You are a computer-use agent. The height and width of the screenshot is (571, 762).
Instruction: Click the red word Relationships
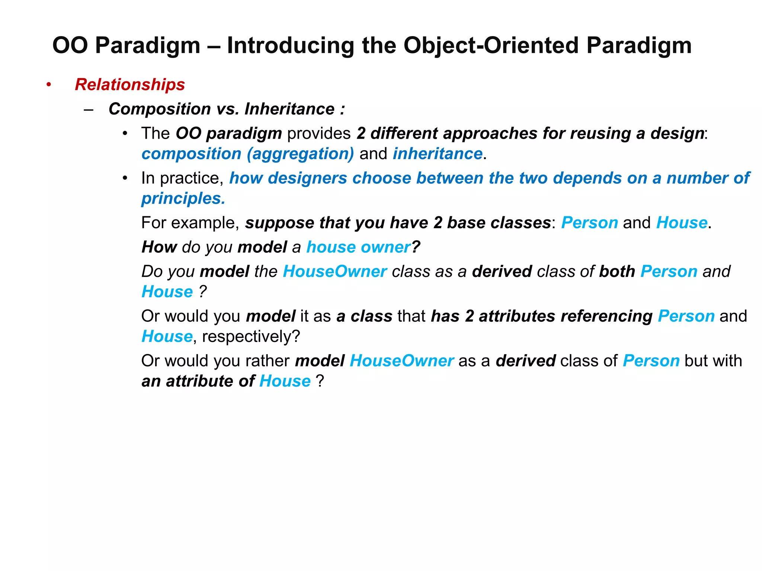point(129,85)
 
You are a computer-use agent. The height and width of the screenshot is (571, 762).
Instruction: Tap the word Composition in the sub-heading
point(160,109)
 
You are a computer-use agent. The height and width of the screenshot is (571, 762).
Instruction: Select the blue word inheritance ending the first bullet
point(438,154)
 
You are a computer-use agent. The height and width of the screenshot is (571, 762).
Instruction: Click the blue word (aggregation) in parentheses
point(300,154)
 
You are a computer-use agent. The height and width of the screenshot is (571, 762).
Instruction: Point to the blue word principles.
point(183,199)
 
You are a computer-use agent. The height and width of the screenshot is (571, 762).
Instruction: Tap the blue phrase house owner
point(358,247)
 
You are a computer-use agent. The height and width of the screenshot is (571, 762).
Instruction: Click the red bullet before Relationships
point(49,85)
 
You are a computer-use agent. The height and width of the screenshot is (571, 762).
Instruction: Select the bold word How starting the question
point(159,247)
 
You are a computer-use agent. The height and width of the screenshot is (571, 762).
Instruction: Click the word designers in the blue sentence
point(307,178)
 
